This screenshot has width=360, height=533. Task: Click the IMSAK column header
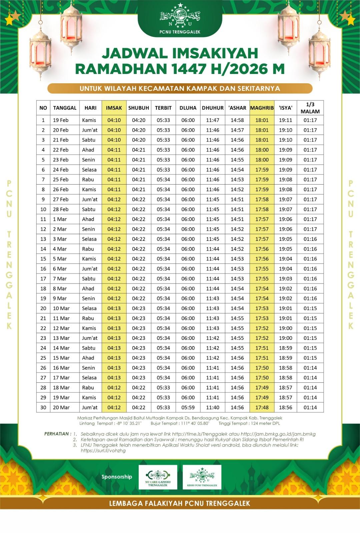[x=114, y=108]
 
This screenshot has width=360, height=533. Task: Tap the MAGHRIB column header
[x=262, y=108]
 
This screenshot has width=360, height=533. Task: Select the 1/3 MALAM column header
[x=310, y=108]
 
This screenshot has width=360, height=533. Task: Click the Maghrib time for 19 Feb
[x=262, y=120]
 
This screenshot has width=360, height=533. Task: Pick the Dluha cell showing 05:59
[x=188, y=407]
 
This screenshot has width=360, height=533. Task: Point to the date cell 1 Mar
[x=60, y=219]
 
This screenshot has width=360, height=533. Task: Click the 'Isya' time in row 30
[x=286, y=407]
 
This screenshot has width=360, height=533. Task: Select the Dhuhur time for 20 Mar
[x=213, y=407]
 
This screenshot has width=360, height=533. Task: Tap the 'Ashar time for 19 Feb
[x=237, y=120]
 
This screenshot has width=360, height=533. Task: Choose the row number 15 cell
[x=43, y=259]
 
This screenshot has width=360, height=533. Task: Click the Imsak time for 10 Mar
[x=114, y=308]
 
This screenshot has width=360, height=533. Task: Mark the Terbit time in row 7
[x=163, y=180]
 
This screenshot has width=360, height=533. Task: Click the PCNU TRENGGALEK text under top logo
[x=180, y=32]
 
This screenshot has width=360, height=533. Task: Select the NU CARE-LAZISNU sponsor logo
[x=158, y=477]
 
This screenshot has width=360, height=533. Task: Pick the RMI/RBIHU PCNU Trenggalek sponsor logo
[x=202, y=477]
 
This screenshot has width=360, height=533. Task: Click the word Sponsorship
[x=117, y=477]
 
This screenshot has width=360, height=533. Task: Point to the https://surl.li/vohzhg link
[x=103, y=450]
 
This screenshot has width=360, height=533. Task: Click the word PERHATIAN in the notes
[x=57, y=434]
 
